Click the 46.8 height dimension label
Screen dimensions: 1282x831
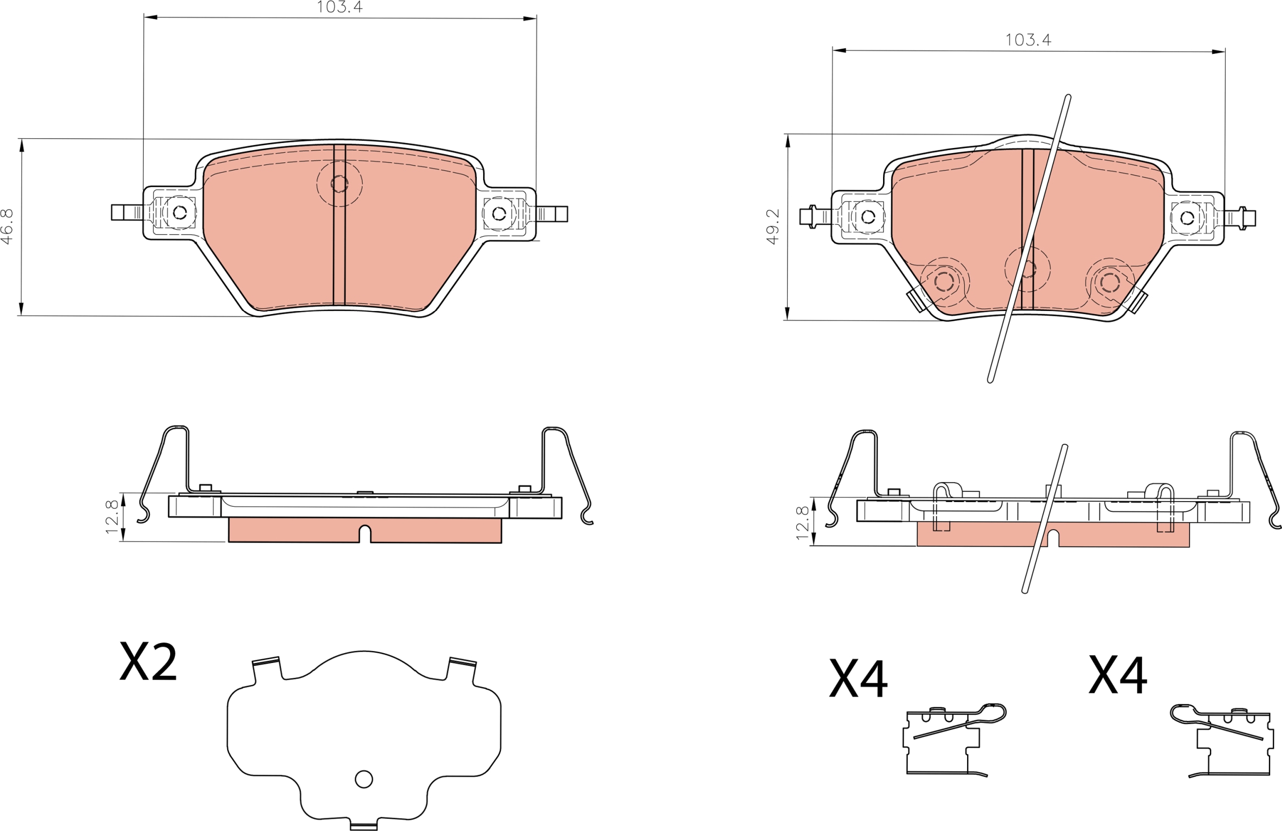click(x=7, y=226)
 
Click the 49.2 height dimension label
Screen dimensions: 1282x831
click(x=773, y=227)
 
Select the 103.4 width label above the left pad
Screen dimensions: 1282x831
click(x=340, y=7)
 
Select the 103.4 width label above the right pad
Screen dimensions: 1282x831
click(x=1028, y=40)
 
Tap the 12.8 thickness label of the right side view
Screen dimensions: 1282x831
click(x=803, y=523)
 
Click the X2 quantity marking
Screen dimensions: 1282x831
click(x=148, y=661)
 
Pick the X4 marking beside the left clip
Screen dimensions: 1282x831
click(x=858, y=679)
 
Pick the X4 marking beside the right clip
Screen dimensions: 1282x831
click(x=1118, y=674)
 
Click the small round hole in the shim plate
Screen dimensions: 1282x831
click(x=364, y=779)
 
